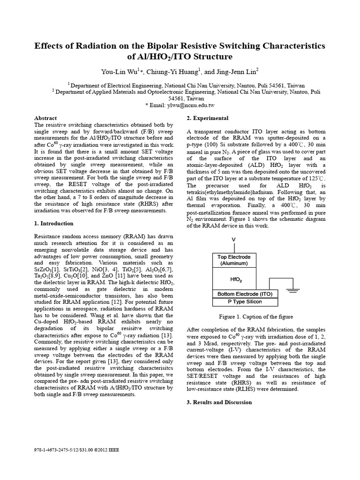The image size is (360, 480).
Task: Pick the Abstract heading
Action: (46, 118)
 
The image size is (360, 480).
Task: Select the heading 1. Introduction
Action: (54, 224)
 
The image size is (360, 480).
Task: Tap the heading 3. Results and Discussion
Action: (219, 402)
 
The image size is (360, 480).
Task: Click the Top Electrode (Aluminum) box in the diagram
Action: (234, 260)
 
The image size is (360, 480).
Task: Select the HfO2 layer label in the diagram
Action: (236, 279)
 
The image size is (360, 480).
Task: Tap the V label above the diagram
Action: (233, 240)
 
